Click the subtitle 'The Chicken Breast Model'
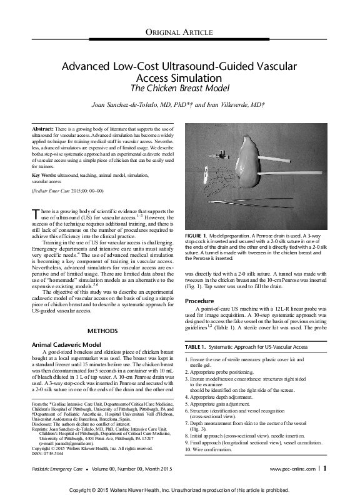(179, 88)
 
